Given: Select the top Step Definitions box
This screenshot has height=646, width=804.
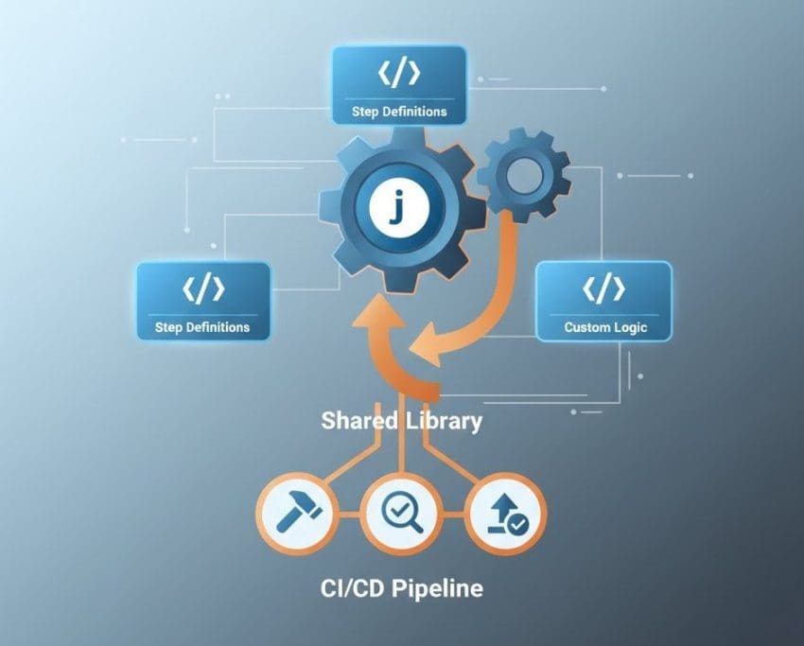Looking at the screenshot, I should [400, 86].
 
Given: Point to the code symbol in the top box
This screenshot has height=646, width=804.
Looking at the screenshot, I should [400, 72].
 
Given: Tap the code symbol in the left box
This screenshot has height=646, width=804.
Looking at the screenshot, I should [203, 288].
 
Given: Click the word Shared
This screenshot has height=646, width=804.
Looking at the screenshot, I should [358, 420].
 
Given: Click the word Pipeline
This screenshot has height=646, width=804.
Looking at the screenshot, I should [437, 588].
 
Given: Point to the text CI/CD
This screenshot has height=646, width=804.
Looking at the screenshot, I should [355, 588].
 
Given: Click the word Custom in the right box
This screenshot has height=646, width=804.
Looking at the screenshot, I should [585, 328].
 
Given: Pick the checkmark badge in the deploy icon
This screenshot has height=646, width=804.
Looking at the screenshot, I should [517, 524].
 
